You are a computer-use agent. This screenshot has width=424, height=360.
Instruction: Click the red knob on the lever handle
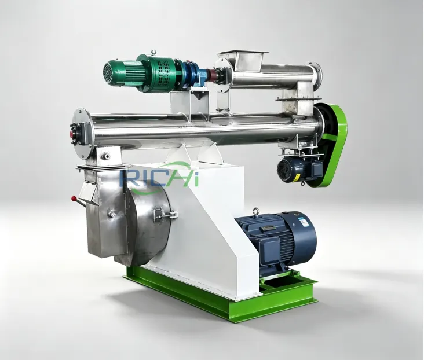tap(74, 199)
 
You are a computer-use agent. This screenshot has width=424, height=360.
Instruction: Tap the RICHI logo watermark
tap(159, 178)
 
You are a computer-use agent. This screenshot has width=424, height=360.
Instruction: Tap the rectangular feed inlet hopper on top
tap(243, 57)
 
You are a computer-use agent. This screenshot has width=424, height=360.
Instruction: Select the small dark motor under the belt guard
tap(298, 170)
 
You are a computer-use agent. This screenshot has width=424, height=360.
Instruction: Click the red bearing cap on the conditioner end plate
tap(73, 134)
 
